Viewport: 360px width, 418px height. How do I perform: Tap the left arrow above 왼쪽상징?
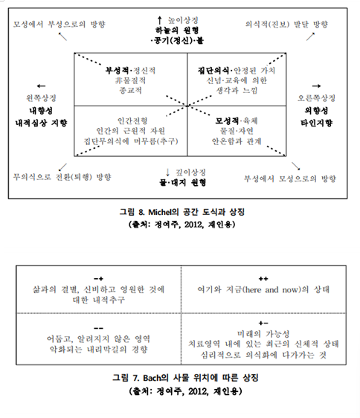click(40, 86)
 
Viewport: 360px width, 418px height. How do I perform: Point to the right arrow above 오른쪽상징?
click(318, 86)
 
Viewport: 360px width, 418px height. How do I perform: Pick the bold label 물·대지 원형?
click(180, 183)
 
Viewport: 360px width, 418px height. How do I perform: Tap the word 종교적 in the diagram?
click(130, 90)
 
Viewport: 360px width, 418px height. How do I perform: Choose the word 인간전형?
click(131, 120)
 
